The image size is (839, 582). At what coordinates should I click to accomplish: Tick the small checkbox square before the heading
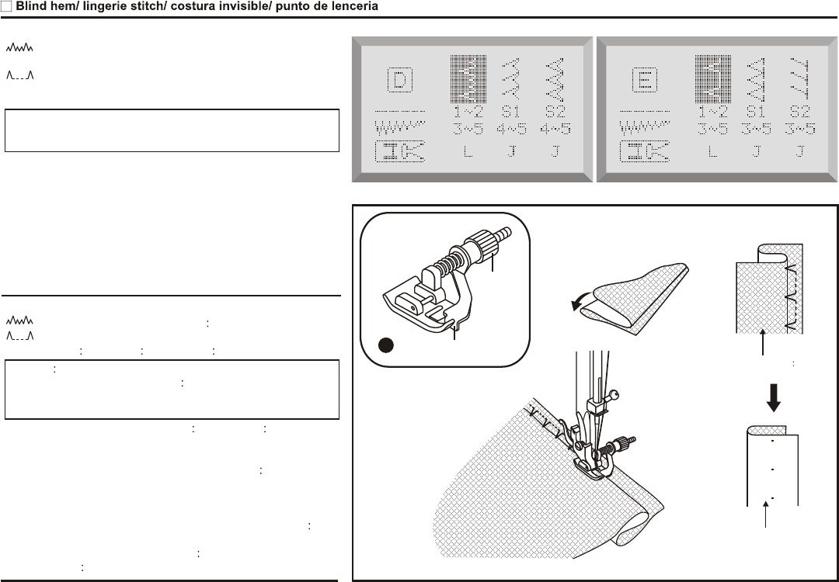pyautogui.click(x=6, y=6)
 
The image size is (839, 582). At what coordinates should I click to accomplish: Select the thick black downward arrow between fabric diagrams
pyautogui.click(x=773, y=398)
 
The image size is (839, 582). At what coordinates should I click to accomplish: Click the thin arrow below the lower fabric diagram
pyautogui.click(x=768, y=515)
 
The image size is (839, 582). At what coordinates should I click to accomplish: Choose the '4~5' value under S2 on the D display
pyautogui.click(x=554, y=129)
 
